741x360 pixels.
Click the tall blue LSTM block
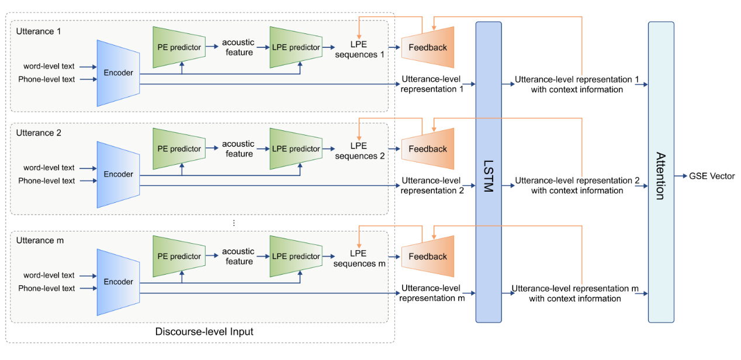pyautogui.click(x=489, y=172)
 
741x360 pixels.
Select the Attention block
pyautogui.click(x=660, y=172)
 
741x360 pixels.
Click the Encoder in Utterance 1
pyautogui.click(x=119, y=73)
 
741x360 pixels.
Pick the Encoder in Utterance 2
pyautogui.click(x=119, y=174)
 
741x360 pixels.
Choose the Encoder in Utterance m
pyautogui.click(x=119, y=282)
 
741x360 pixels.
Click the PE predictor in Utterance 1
pyautogui.click(x=179, y=47)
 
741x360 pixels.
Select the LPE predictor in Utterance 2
pyautogui.click(x=296, y=149)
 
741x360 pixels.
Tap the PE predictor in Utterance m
pyautogui.click(x=179, y=257)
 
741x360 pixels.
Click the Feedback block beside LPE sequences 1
pyautogui.click(x=428, y=47)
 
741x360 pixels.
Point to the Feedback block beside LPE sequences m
pyautogui.click(x=428, y=257)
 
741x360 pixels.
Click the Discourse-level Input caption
pyautogui.click(x=204, y=332)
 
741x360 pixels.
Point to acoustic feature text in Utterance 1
pyautogui.click(x=238, y=47)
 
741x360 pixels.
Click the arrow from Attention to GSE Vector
pyautogui.click(x=680, y=176)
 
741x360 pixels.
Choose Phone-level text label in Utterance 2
pyautogui.click(x=47, y=181)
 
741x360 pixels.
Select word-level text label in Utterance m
pyautogui.click(x=49, y=275)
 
